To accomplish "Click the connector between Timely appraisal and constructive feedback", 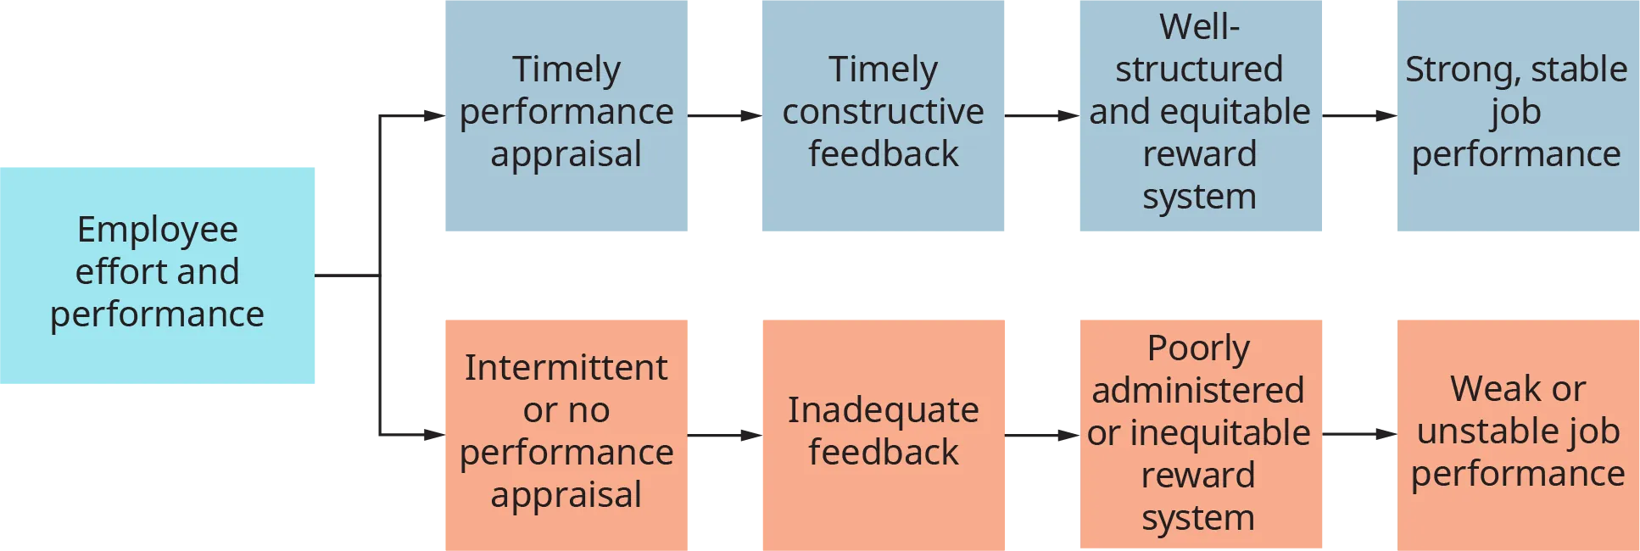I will [x=726, y=114].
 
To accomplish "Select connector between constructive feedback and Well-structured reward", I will [x=1044, y=114].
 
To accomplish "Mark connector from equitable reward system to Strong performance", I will [x=1360, y=114].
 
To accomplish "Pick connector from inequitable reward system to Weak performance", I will [x=1360, y=433].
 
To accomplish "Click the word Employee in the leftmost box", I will [x=158, y=230].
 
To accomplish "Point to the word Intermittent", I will [x=566, y=368].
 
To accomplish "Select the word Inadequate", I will [x=883, y=410].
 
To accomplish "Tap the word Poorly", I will [x=1198, y=348].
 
